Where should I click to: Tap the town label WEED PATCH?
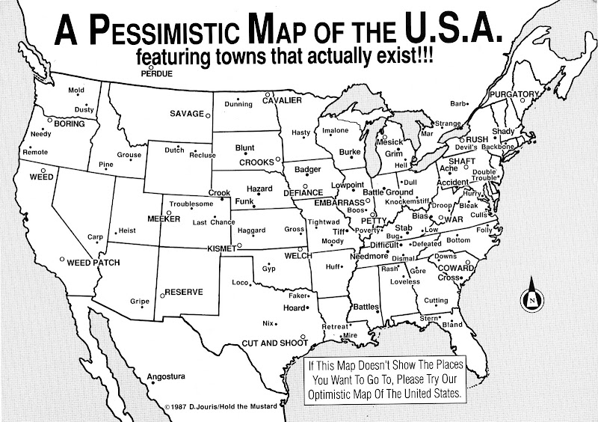tap(94, 263)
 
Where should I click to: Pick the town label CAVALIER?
tap(282, 100)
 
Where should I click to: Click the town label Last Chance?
tap(213, 222)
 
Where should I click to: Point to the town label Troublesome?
tap(191, 204)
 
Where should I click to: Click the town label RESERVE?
tap(184, 291)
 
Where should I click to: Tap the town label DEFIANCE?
tap(303, 192)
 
